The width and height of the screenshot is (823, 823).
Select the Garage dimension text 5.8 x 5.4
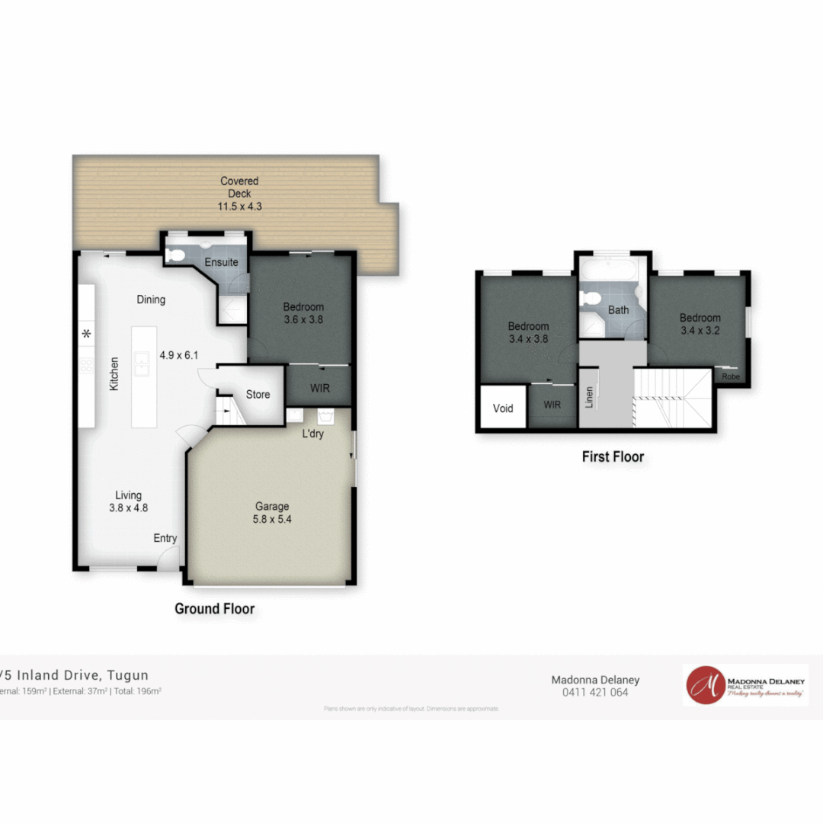click(x=272, y=519)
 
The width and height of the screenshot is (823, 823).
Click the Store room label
click(x=258, y=394)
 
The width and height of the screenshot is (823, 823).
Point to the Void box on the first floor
click(x=503, y=408)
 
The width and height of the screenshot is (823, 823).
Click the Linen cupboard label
click(x=589, y=397)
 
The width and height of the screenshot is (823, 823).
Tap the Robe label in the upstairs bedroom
click(x=730, y=376)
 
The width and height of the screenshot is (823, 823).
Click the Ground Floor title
click(x=215, y=608)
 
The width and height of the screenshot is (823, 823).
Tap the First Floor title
click(x=613, y=456)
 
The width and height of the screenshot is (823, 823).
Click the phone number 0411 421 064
click(x=595, y=693)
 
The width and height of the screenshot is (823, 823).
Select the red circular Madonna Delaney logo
click(x=705, y=685)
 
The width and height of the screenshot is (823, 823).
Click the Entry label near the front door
click(x=165, y=538)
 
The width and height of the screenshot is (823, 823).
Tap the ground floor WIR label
click(x=320, y=388)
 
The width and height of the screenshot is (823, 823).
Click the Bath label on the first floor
click(x=618, y=309)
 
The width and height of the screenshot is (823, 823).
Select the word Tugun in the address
click(x=128, y=674)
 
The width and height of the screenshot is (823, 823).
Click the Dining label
click(x=151, y=299)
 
